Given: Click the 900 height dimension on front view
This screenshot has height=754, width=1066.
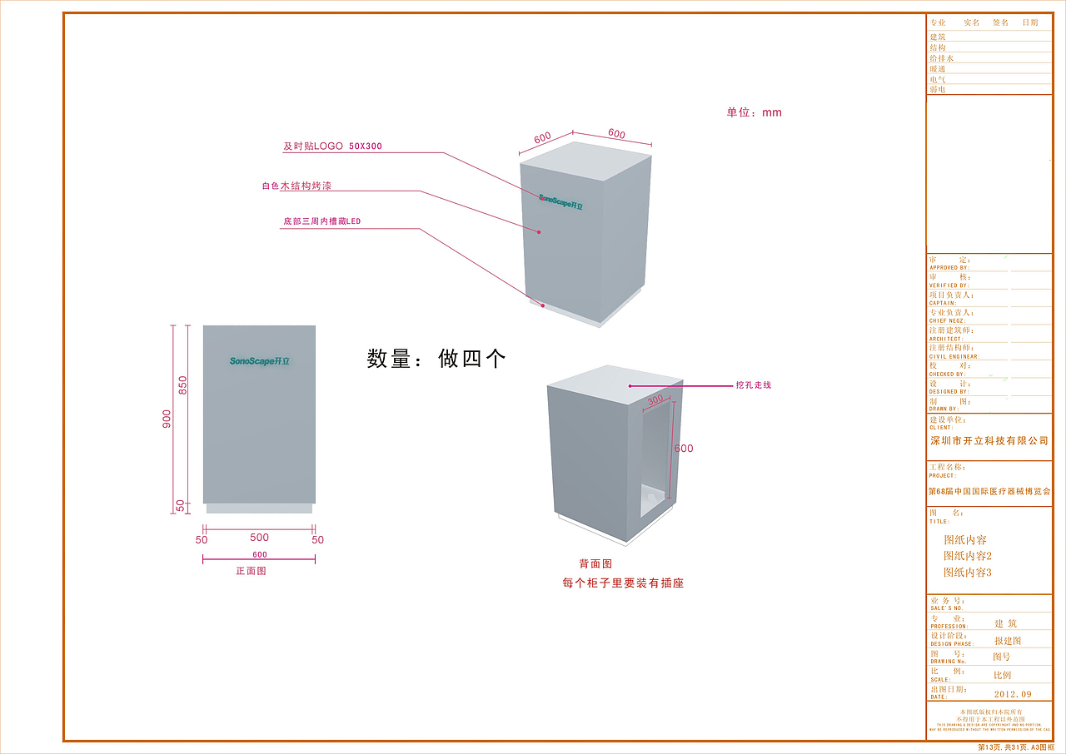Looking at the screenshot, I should tap(167, 419).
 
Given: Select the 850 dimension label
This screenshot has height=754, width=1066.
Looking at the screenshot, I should tap(183, 385).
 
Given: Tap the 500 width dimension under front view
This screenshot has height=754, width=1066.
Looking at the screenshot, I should tap(259, 538).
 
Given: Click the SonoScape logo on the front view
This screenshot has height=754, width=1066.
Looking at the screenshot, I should tap(260, 361).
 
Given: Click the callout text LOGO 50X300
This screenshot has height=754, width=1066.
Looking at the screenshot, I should tap(332, 146).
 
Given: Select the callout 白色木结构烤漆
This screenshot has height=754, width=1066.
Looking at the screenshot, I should tap(296, 186).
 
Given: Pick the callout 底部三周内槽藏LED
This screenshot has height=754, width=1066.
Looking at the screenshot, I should tap(321, 222).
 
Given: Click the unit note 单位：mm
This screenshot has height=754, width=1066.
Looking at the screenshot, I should tap(754, 112).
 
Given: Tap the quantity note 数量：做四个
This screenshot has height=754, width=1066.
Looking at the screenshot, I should tap(436, 359).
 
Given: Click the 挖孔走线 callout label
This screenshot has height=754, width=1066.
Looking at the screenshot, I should tap(753, 385).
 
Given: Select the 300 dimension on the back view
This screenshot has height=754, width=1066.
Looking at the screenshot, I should tap(655, 400).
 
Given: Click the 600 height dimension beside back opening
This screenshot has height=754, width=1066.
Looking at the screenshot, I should tap(684, 449).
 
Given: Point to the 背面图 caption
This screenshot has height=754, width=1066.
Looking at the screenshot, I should tap(595, 564).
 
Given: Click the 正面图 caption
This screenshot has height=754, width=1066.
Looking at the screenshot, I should tap(251, 572).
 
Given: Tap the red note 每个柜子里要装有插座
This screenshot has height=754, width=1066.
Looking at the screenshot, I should tap(623, 583).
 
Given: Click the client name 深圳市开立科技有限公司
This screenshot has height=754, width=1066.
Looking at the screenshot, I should tap(989, 441).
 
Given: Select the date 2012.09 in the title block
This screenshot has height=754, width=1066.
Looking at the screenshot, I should tap(1013, 694).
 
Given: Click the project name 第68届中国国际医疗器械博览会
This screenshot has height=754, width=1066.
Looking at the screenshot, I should tap(989, 492).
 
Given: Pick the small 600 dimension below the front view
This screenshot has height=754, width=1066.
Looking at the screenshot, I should tap(259, 554).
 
